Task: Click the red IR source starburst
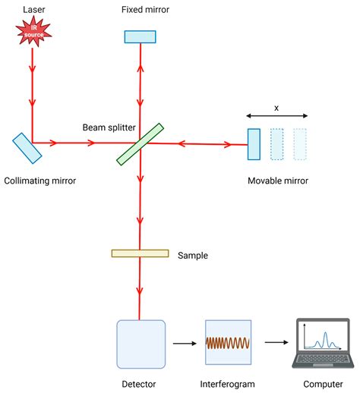coord(33,31)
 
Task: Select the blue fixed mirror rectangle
coord(140,36)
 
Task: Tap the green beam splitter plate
coord(140,144)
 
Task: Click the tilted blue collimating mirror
coord(27,148)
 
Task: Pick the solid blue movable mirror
coord(254,144)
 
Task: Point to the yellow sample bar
coord(140,253)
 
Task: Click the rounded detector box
coord(141,344)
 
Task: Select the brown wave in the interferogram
coord(228,343)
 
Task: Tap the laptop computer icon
coord(323,343)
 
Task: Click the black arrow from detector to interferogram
coord(185,344)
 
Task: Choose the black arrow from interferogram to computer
coord(276,342)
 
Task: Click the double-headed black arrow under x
coord(277,116)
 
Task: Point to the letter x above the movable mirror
coord(276,108)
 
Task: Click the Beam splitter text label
coord(109,127)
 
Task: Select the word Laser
coord(34,10)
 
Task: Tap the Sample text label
coord(193,256)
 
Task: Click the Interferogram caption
coord(227,384)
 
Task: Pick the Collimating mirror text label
coord(40,181)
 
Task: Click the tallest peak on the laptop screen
coord(325,333)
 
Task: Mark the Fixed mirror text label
coord(145,10)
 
